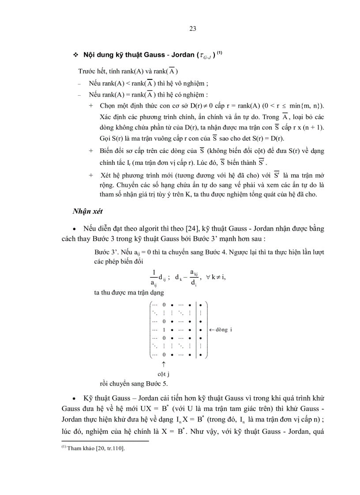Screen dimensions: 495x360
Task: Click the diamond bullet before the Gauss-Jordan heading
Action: [75, 55]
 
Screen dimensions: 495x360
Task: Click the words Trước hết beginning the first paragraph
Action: [92, 71]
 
